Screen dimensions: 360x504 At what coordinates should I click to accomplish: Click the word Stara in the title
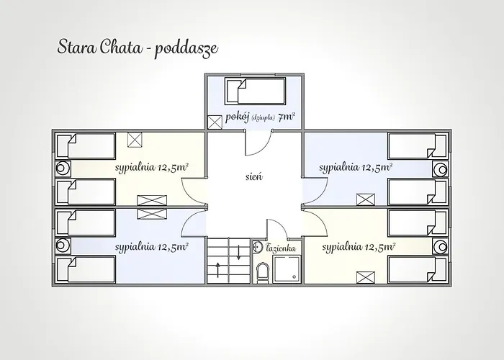coord(76,47)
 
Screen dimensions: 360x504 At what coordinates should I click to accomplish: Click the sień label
coord(253,175)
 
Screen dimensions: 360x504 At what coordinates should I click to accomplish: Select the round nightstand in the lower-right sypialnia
coord(440,245)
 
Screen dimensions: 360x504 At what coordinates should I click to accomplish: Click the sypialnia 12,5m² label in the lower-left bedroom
coord(153,246)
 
